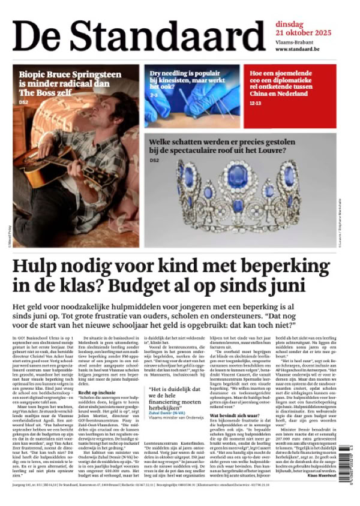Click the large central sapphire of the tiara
(x=236, y=178)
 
